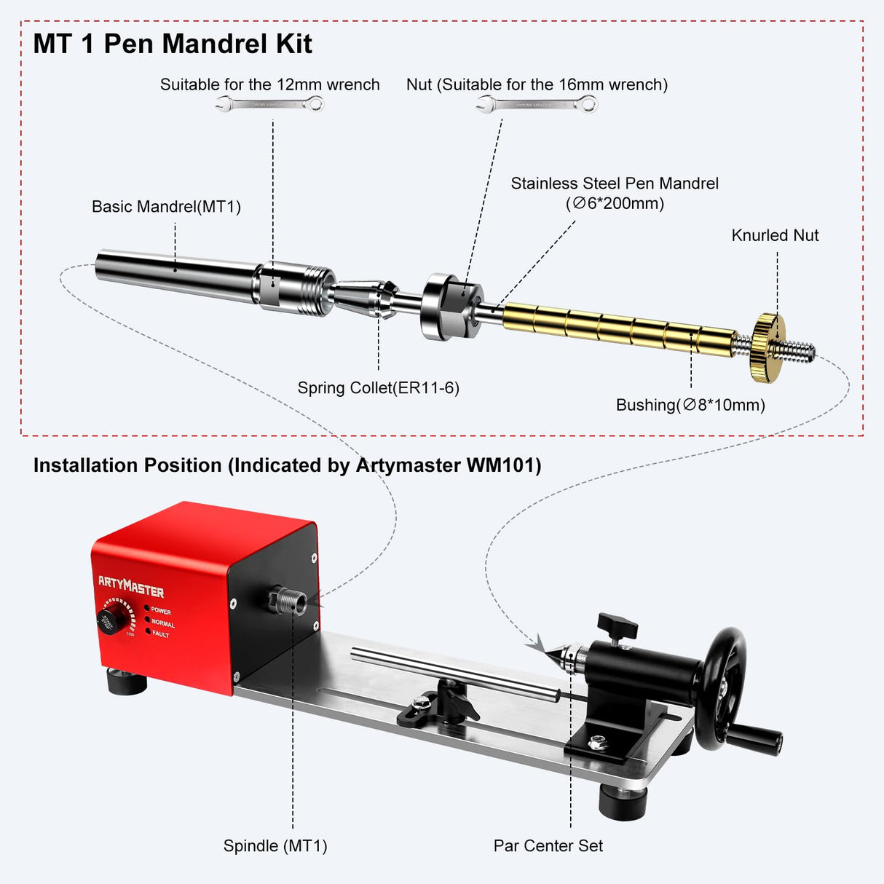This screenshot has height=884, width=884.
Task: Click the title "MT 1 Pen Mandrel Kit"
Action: [173, 44]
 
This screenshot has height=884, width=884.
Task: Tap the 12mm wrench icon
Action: [270, 105]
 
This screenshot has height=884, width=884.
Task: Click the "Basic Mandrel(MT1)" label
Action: [166, 207]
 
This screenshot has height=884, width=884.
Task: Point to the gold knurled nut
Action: [767, 347]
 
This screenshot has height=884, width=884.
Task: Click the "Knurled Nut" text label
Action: [775, 235]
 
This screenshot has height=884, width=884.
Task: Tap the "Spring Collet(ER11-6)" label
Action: [378, 388]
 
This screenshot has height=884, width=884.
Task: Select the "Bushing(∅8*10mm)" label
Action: [690, 406]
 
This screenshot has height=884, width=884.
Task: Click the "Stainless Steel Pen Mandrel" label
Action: [614, 184]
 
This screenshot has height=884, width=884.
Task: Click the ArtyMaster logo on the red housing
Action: [131, 586]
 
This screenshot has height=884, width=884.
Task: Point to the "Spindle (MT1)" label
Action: [275, 846]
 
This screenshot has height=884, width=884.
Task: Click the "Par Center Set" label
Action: [548, 846]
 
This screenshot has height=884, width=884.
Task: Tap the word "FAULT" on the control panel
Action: [160, 635]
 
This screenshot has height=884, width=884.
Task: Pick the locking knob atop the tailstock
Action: [617, 625]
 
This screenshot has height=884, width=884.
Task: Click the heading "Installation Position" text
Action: [287, 465]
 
